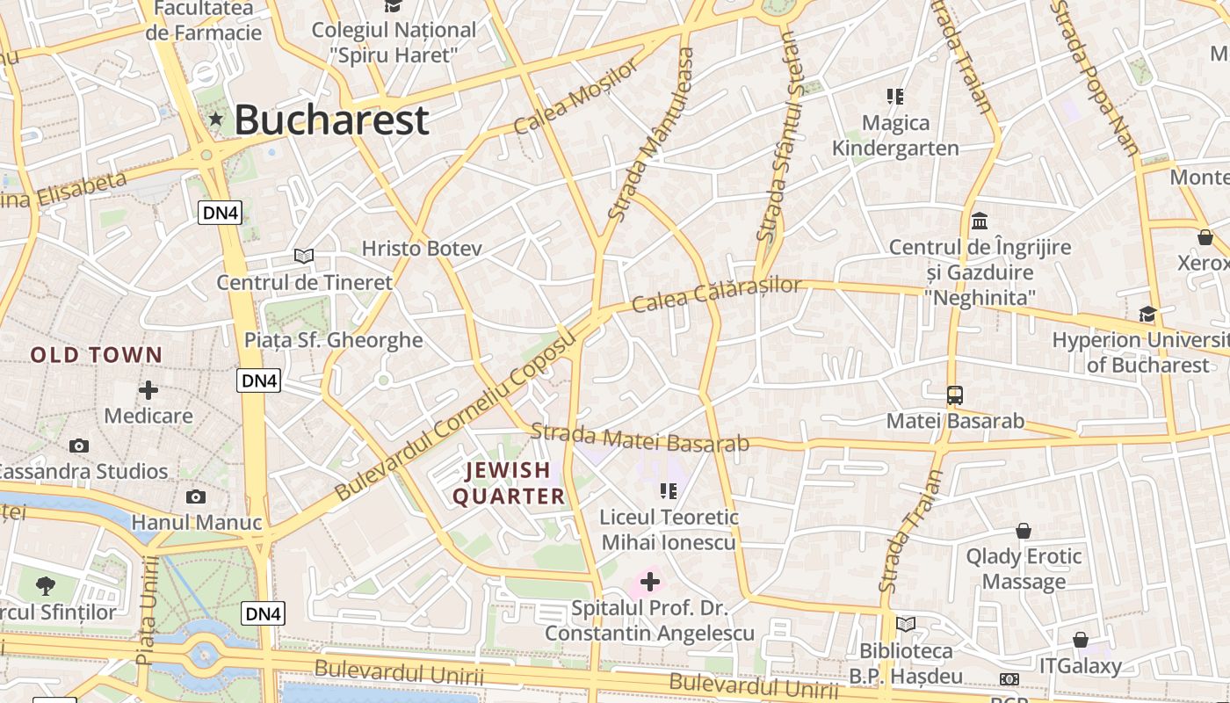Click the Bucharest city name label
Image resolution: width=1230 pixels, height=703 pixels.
(x=331, y=120)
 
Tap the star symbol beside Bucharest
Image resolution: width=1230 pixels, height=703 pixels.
(x=215, y=120)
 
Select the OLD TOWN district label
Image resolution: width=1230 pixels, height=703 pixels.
(x=97, y=355)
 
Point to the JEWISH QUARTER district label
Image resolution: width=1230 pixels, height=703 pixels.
(x=508, y=483)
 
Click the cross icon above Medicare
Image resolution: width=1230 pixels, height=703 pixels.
(x=148, y=389)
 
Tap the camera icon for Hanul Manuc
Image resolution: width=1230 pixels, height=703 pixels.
(x=196, y=497)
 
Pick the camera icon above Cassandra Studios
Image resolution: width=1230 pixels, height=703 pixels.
(x=79, y=446)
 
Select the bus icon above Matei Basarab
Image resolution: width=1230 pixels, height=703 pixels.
(x=955, y=395)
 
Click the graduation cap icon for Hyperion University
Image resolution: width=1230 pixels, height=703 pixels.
(x=1147, y=314)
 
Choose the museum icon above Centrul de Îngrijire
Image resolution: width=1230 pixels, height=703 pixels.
(x=980, y=221)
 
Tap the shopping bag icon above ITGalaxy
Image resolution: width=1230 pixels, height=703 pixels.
(x=1081, y=640)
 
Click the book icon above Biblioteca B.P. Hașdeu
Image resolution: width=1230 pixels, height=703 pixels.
(x=906, y=625)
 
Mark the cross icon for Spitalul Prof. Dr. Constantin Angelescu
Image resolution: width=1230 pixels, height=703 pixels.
(x=650, y=581)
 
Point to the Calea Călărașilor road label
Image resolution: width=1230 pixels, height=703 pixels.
(x=717, y=295)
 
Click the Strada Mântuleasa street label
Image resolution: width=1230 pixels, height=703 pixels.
(x=651, y=134)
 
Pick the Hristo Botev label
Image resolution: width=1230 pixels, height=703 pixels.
(x=422, y=249)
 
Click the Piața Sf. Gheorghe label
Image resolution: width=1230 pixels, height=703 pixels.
(x=333, y=340)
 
